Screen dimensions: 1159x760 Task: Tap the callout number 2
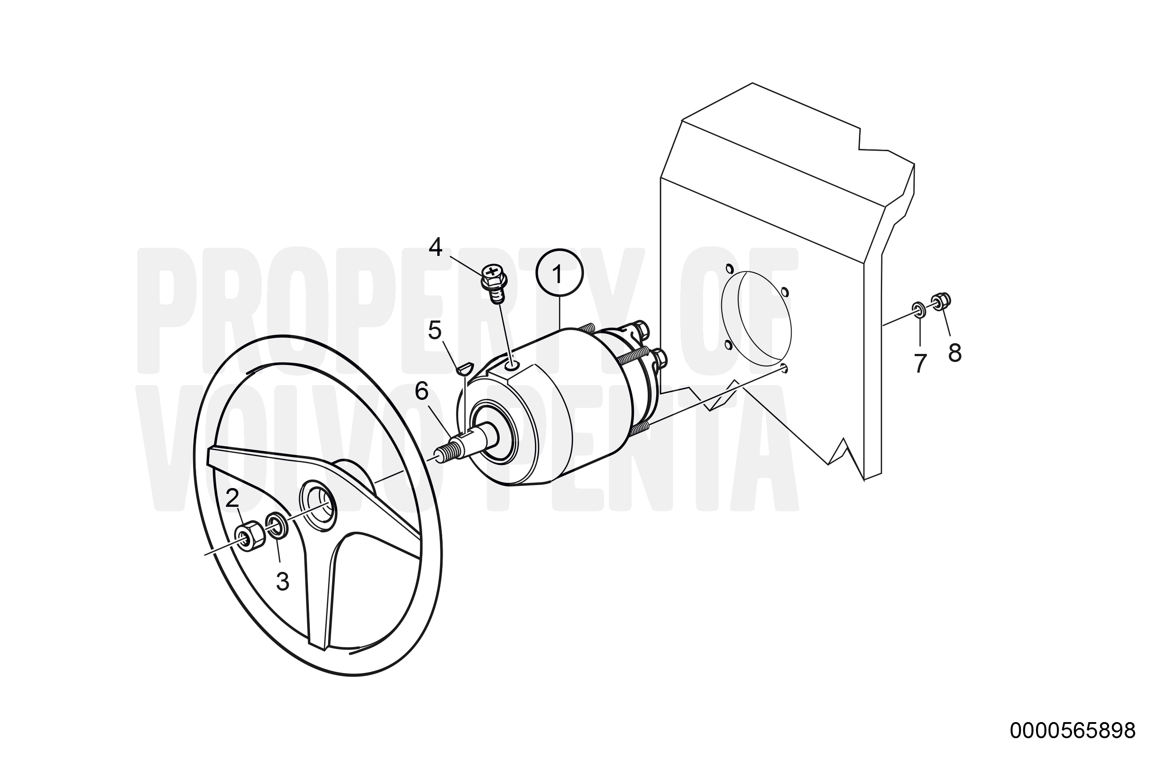tap(232, 498)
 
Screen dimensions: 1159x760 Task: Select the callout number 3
tap(283, 581)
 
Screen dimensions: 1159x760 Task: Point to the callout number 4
tap(436, 247)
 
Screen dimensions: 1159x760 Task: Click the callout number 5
tap(434, 331)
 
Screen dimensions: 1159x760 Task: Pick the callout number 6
tap(421, 391)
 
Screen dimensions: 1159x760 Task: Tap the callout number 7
tap(920, 364)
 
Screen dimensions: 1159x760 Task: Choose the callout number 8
tap(954, 353)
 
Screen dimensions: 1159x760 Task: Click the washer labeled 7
tap(919, 309)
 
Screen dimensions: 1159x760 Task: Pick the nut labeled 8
tap(941, 300)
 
